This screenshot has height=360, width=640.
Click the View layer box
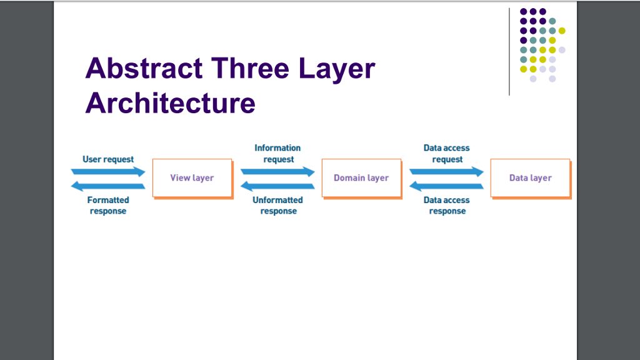192,179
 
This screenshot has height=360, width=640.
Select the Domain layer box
362,179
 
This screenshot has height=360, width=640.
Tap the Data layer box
531,179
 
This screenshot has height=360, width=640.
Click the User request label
108,159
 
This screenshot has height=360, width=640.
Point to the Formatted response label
108,205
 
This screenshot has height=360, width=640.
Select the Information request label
277,154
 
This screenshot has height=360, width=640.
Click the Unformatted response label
277,205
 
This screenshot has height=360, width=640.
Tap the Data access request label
446,154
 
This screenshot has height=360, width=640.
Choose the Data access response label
446,205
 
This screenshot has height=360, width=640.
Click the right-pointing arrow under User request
108,172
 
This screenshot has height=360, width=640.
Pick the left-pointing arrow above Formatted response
108,186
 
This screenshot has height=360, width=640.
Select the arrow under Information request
277,172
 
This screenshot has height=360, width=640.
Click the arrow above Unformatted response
277,186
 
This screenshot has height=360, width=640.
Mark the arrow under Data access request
446,172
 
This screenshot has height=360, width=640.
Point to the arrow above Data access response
446,186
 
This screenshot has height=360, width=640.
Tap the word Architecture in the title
170,103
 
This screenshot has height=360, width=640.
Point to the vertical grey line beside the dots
509,52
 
